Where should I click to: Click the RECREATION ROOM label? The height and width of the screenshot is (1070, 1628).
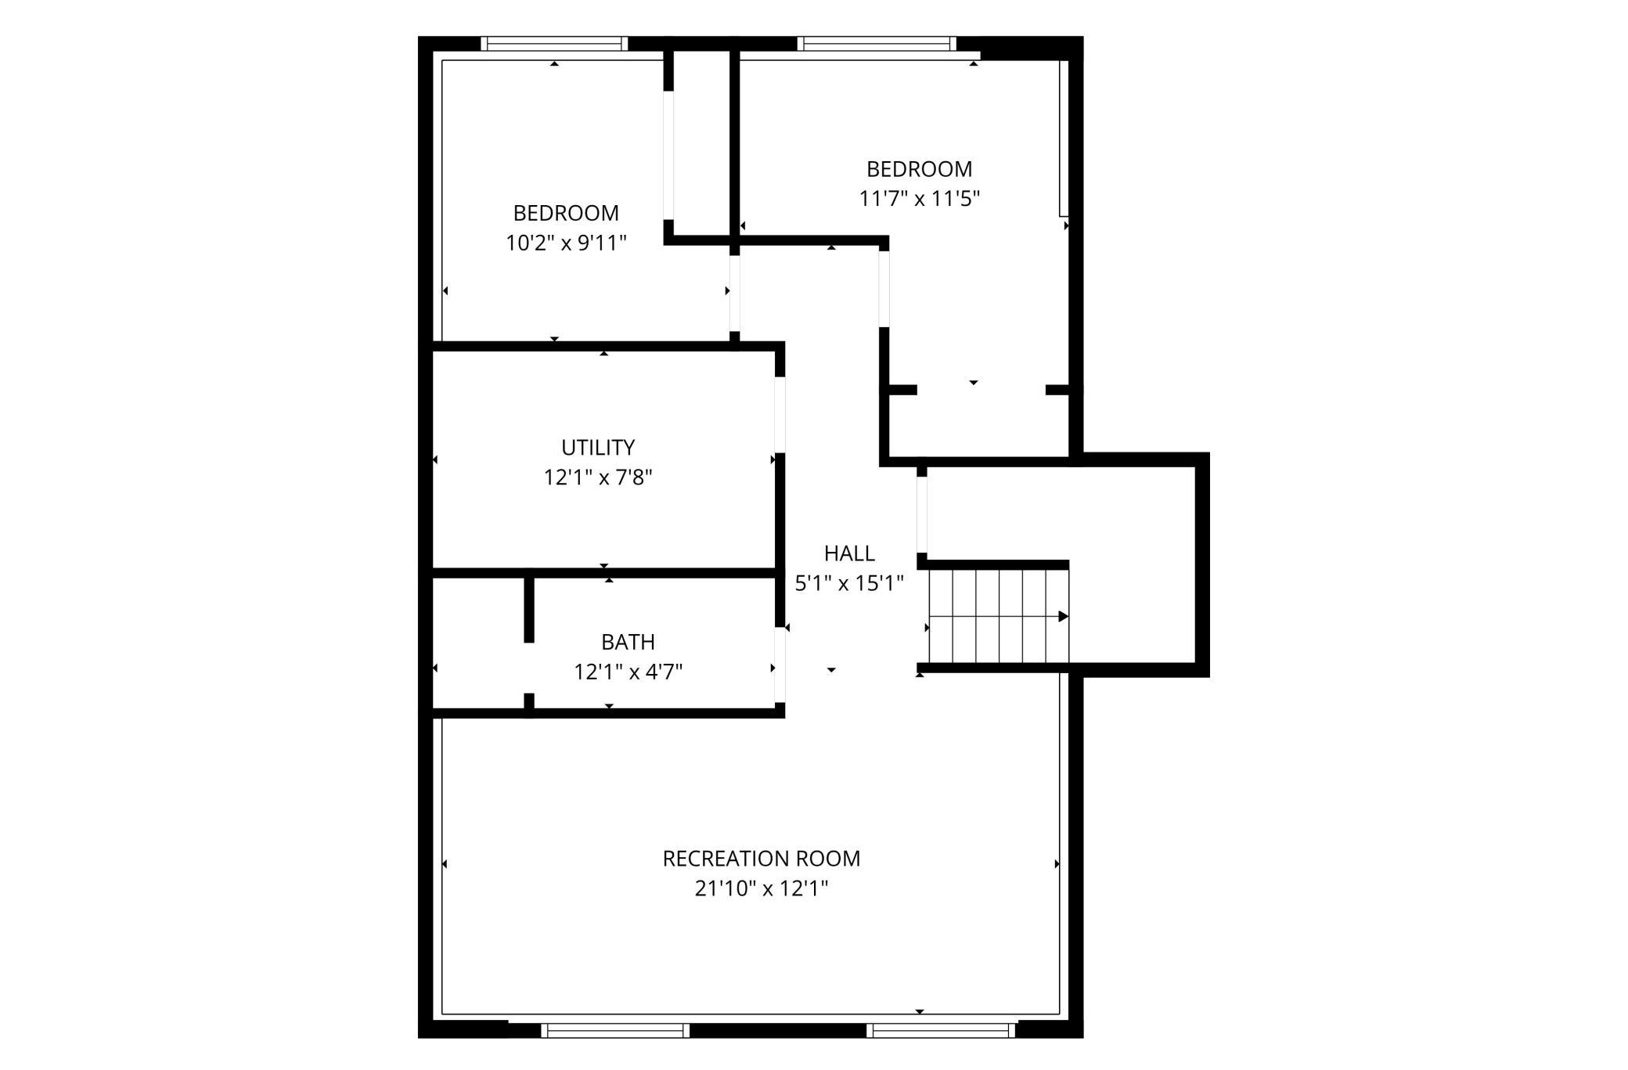pyautogui.click(x=761, y=859)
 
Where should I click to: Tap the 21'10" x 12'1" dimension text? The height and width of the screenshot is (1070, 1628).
pyautogui.click(x=761, y=888)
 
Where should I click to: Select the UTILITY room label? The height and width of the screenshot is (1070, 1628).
pyautogui.click(x=598, y=448)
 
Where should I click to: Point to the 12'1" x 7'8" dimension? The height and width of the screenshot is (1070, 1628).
pyautogui.click(x=598, y=477)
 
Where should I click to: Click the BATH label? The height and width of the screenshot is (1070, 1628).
pyautogui.click(x=628, y=642)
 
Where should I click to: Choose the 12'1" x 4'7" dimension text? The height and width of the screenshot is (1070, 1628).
pyautogui.click(x=628, y=672)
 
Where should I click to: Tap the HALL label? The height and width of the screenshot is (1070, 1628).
pyautogui.click(x=849, y=553)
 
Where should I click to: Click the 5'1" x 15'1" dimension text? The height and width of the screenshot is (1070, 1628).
pyautogui.click(x=849, y=583)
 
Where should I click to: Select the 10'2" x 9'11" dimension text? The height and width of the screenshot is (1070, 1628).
pyautogui.click(x=566, y=243)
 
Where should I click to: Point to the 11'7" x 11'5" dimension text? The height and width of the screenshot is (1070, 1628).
pyautogui.click(x=920, y=198)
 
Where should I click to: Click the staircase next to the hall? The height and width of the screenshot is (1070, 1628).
pyautogui.click(x=999, y=616)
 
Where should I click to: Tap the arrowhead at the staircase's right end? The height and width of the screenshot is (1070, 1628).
pyautogui.click(x=1064, y=616)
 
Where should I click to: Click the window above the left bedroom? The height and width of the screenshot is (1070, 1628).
pyautogui.click(x=554, y=44)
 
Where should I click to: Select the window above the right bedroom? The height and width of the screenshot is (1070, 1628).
pyautogui.click(x=877, y=44)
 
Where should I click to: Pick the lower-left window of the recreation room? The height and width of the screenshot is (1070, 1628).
pyautogui.click(x=615, y=1030)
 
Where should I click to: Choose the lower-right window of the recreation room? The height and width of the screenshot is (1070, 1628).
pyautogui.click(x=941, y=1030)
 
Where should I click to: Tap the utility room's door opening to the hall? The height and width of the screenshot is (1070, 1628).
pyautogui.click(x=780, y=415)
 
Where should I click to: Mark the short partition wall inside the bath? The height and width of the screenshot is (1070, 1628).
pyautogui.click(x=529, y=610)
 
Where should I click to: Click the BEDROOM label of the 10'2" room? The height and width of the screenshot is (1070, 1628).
pyautogui.click(x=566, y=213)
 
